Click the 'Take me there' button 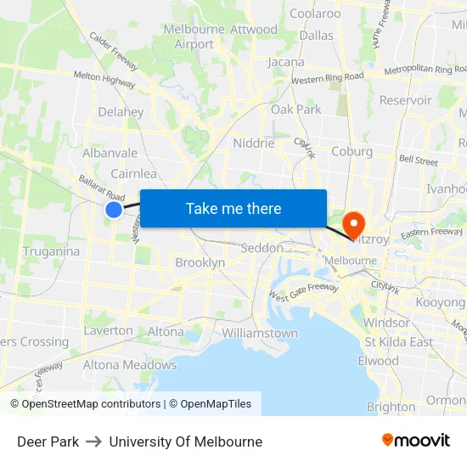(233, 208)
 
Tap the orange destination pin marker (352, 224)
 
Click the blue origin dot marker (114, 209)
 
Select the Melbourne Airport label (194, 37)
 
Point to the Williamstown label (259, 333)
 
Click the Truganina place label (51, 251)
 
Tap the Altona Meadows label (130, 365)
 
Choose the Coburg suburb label (352, 151)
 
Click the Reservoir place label (406, 100)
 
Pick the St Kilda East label (398, 342)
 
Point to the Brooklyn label (200, 263)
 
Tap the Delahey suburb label (121, 111)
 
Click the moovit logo (416, 440)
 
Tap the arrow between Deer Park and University (94, 442)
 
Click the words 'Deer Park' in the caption (48, 442)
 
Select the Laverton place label (108, 330)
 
